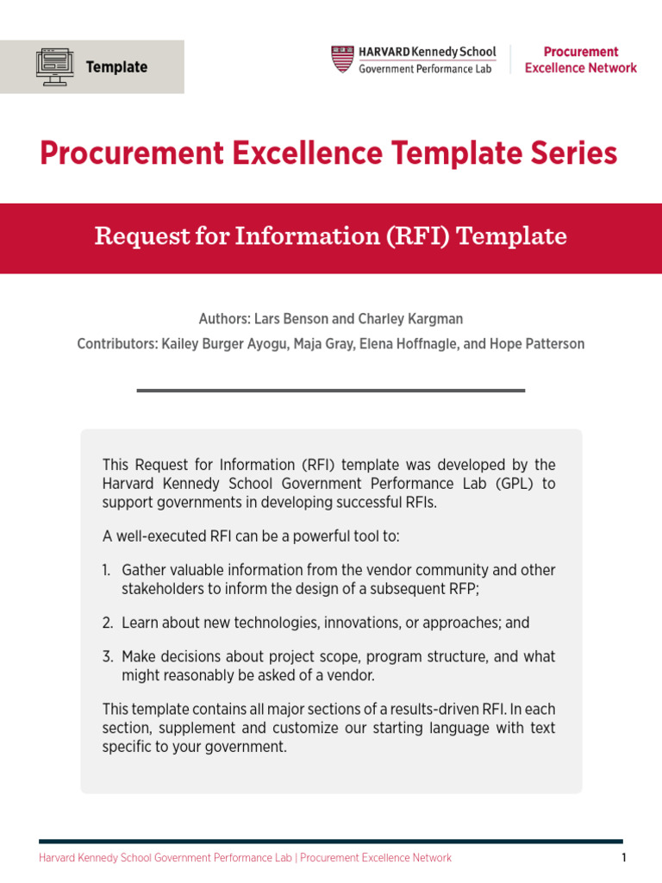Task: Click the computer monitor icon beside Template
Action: [55, 66]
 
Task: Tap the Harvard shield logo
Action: [342, 59]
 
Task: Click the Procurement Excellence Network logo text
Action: [580, 59]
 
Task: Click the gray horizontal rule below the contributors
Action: [330, 391]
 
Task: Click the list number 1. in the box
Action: [107, 571]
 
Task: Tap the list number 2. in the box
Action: [107, 623]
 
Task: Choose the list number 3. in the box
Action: [107, 657]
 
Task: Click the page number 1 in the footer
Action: [622, 858]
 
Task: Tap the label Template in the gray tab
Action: [116, 67]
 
